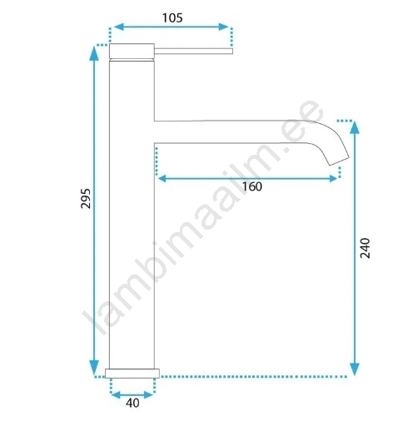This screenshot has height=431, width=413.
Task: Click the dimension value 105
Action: pos(172,18)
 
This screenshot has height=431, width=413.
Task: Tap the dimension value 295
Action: pos(86,198)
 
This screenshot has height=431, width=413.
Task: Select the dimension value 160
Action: pos(252,186)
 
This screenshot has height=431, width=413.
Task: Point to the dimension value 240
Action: pos(365,248)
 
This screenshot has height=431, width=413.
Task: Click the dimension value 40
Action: pos(132,403)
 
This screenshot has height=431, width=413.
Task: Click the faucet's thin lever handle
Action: pos(193,51)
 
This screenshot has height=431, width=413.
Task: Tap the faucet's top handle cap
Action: pos(132,51)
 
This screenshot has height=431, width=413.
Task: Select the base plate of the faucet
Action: pos(132,374)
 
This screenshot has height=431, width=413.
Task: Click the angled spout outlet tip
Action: pos(339,161)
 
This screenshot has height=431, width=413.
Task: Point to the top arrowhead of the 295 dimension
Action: pos(94,53)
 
